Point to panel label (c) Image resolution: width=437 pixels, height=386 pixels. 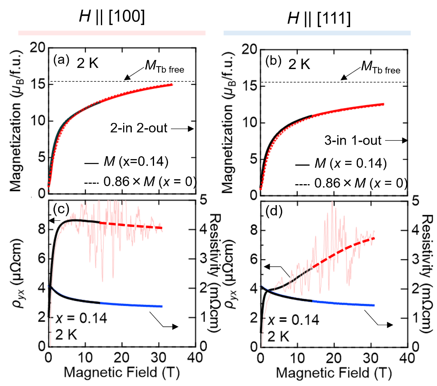coord(62,209)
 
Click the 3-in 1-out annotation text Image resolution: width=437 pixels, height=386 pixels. coord(349,141)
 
